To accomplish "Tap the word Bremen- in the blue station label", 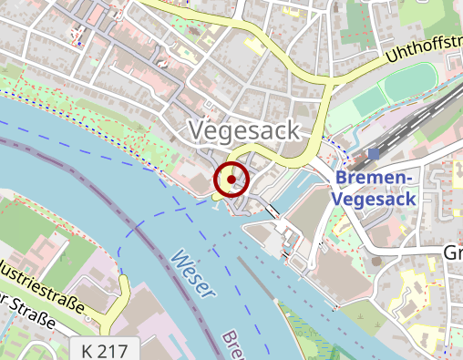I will [x=375, y=177].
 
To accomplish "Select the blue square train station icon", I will [x=373, y=155].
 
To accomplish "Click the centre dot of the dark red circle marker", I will [x=231, y=180].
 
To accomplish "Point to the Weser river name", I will [x=193, y=273].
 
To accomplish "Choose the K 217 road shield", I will [x=105, y=350].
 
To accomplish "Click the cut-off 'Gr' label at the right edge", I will [x=452, y=252].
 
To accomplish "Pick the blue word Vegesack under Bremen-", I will [x=375, y=198].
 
